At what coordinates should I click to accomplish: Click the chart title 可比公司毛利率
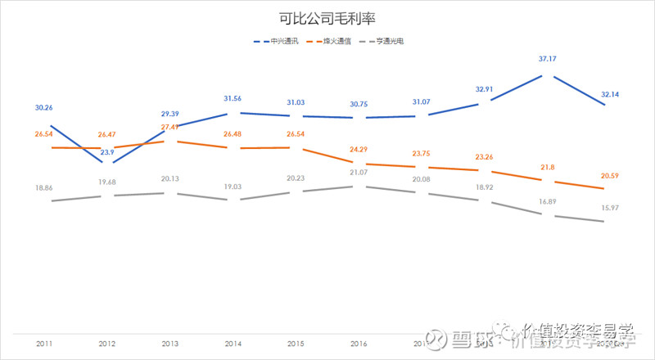pyautogui.click(x=327, y=17)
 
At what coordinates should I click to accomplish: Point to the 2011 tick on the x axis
pyautogui.click(x=45, y=344)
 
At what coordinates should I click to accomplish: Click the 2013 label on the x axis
pyautogui.click(x=169, y=344)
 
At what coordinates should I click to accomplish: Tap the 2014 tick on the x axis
pyautogui.click(x=233, y=344)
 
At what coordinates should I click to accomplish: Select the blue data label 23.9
pyautogui.click(x=107, y=152)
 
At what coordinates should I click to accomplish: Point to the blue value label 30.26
pyautogui.click(x=44, y=107)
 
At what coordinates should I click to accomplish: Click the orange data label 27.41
pyautogui.click(x=170, y=127)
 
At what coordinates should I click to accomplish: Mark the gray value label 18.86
pyautogui.click(x=44, y=187)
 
